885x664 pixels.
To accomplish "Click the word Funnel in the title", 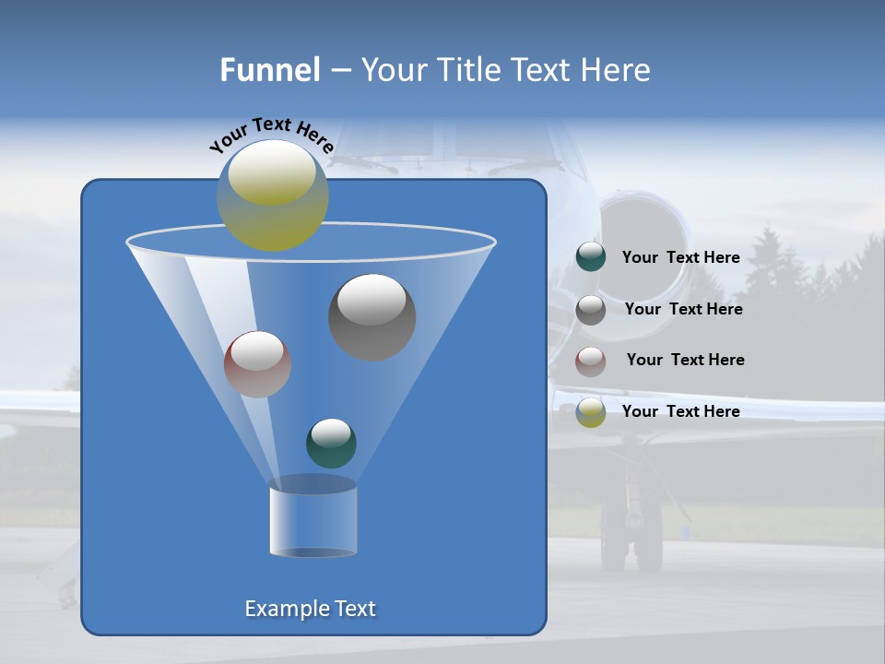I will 269,70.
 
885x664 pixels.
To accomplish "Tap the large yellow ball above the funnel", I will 273,196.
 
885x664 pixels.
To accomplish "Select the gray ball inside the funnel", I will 372,316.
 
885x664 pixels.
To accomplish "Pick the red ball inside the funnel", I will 257,364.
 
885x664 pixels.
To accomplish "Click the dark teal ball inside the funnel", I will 331,443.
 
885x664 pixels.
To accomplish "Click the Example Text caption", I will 310,609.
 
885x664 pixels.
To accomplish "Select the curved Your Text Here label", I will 272,135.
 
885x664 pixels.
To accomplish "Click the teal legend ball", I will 591,257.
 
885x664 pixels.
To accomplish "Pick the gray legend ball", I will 591,309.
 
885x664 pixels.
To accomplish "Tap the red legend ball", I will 591,361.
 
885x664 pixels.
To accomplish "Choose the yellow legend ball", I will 591,412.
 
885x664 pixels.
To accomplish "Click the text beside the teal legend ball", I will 680,257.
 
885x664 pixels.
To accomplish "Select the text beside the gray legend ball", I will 683,309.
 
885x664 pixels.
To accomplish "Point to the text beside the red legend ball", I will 685,360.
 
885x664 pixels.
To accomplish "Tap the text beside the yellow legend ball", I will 680,411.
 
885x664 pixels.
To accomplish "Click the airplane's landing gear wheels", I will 631,539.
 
